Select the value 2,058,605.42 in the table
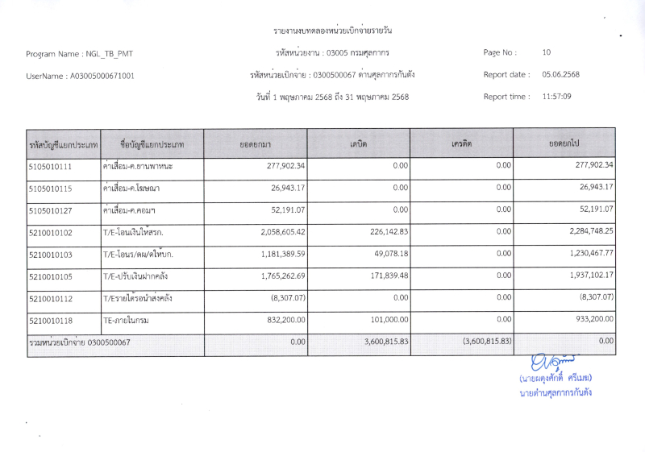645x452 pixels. [x=274, y=232]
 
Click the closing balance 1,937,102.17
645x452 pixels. [x=585, y=276]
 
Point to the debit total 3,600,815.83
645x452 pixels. [x=381, y=342]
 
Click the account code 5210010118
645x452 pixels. [x=50, y=320]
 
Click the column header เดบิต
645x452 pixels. [x=358, y=143]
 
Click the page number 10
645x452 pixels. [x=547, y=52]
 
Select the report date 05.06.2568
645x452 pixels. [x=560, y=75]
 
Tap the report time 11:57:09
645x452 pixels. [x=556, y=97]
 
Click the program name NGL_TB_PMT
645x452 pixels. [x=107, y=54]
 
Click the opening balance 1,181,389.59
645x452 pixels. [x=274, y=254]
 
